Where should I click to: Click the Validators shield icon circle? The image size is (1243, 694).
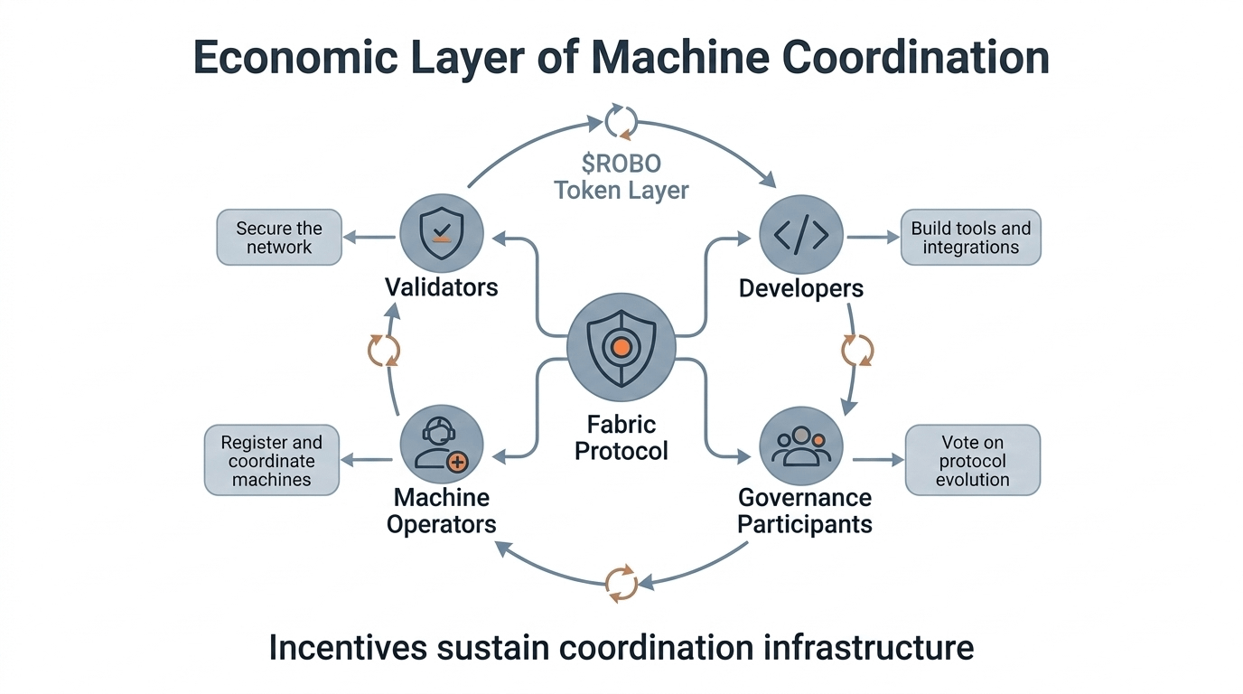tap(442, 233)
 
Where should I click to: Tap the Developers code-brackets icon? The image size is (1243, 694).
tap(801, 234)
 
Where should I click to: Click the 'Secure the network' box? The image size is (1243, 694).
tap(279, 238)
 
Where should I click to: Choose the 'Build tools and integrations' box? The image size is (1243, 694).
tap(971, 238)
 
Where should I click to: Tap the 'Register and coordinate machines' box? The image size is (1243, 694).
tap(272, 460)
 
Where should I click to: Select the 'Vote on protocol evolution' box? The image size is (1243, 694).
tap(973, 460)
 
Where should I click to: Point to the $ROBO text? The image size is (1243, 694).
tap(621, 164)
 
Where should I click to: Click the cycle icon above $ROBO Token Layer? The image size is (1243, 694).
tap(621, 121)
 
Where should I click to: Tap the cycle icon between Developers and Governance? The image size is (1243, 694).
tap(857, 350)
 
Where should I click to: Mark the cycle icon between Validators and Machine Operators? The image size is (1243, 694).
tap(384, 350)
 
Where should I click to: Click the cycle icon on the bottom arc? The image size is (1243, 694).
tap(621, 583)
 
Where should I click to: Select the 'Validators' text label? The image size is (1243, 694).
tap(442, 287)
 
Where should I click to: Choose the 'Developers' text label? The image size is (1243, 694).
tap(801, 288)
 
